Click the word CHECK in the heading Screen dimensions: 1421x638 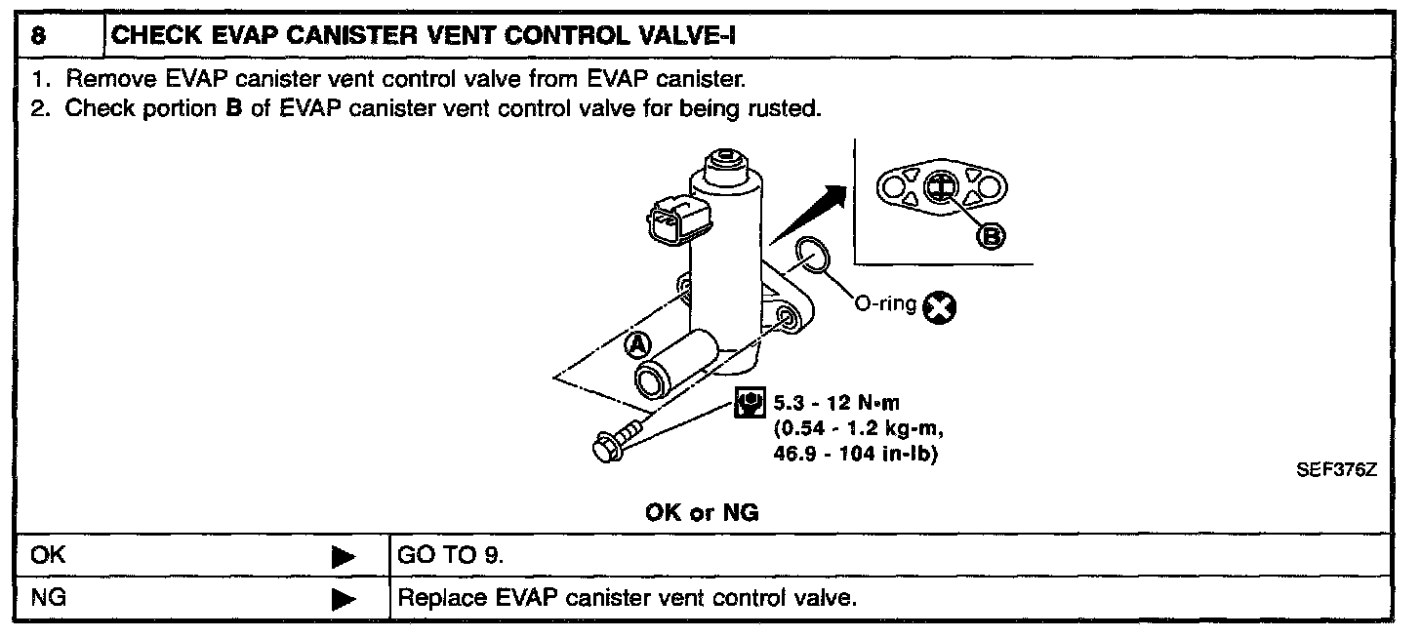click(x=153, y=37)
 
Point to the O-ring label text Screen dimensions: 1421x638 click(x=885, y=304)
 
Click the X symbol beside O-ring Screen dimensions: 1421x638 click(x=941, y=308)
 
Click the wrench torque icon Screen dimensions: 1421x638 click(x=750, y=402)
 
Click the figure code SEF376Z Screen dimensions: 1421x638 click(x=1335, y=469)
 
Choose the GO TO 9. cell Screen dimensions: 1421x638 click(x=450, y=555)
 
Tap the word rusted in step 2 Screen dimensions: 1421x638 click(x=786, y=108)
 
